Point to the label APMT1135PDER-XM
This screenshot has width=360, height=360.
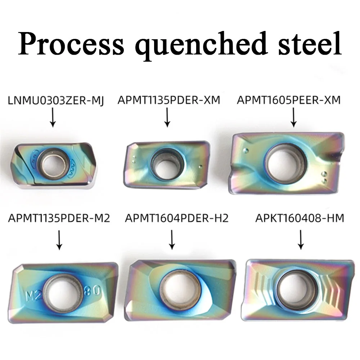pos(168,100)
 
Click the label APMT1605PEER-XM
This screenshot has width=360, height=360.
pos(288,100)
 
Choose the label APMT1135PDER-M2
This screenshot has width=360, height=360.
pos(59,218)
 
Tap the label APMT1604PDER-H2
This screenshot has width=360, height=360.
pos(177,218)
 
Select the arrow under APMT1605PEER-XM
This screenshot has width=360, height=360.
pos(293,118)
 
